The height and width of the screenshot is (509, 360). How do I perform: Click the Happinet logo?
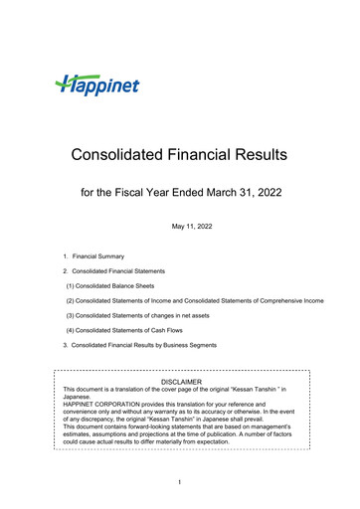click(x=97, y=85)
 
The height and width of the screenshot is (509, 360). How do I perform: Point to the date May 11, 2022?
click(x=179, y=228)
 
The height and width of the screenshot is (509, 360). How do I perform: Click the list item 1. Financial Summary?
click(x=92, y=256)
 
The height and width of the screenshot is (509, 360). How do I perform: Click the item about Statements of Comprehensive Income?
click(x=194, y=299)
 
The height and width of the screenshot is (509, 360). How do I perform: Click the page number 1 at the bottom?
click(x=180, y=483)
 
